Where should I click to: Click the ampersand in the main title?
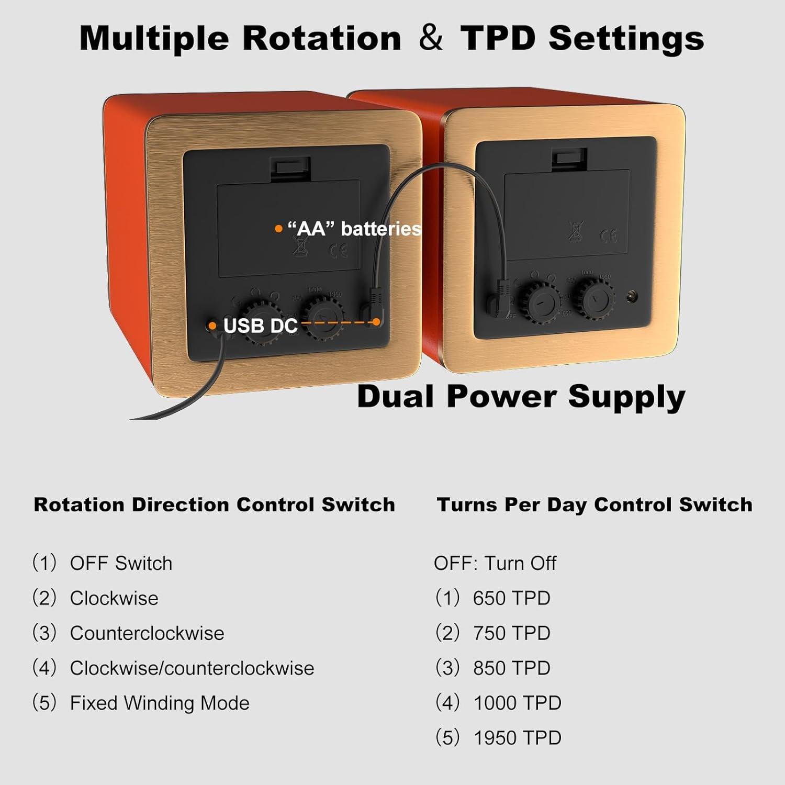[x=430, y=38]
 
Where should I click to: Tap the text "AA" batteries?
[x=354, y=229]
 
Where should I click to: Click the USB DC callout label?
[x=260, y=326]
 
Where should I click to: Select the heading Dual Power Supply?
[x=521, y=396]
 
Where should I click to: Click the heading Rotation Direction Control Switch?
[x=214, y=504]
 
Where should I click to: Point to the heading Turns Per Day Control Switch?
[x=595, y=504]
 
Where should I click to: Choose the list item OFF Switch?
[x=121, y=563]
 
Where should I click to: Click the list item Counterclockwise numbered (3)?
[x=147, y=633]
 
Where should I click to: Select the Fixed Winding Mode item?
[x=160, y=703]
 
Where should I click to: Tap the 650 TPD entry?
[x=511, y=598]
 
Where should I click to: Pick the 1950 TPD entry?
[x=517, y=738]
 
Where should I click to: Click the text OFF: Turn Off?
[x=495, y=563]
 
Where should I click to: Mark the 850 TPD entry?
[x=511, y=668]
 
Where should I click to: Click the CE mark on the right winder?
[x=608, y=236]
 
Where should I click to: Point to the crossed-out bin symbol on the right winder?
[x=575, y=231]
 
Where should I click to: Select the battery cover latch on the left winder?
[x=289, y=168]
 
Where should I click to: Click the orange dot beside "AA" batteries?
[x=278, y=229]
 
